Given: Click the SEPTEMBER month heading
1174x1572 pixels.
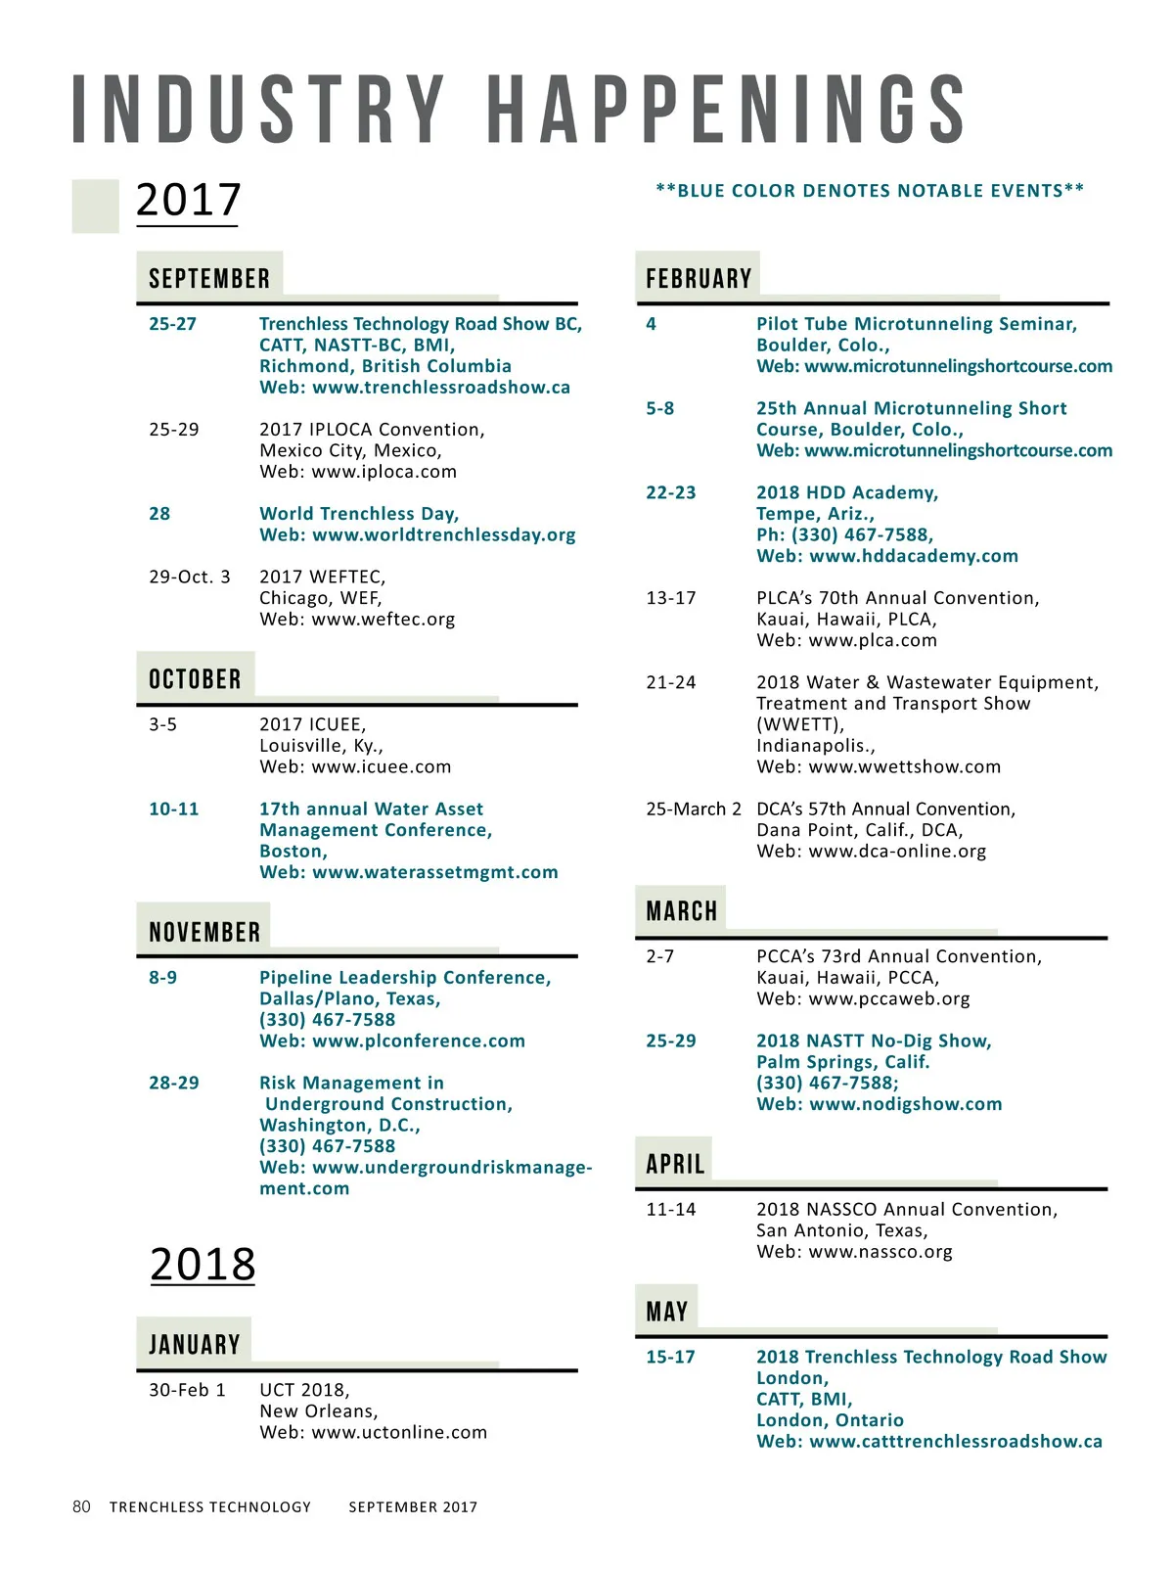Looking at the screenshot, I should [x=209, y=279].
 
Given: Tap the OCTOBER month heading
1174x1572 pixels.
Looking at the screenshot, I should [x=195, y=679].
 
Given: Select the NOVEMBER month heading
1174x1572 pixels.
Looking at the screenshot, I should [x=204, y=932].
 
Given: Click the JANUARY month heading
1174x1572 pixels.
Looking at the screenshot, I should [x=194, y=1345].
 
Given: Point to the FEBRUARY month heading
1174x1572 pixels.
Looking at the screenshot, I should [x=699, y=279].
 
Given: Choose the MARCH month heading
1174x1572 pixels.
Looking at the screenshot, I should [x=682, y=911].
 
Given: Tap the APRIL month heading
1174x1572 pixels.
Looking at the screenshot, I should [x=675, y=1164].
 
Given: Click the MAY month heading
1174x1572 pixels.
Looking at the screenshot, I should [x=667, y=1312].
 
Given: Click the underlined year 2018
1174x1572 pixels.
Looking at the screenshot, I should [x=203, y=1264].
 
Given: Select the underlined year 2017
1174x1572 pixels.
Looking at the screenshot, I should [x=188, y=200].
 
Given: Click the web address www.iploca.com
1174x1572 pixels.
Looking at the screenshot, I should [x=384, y=472].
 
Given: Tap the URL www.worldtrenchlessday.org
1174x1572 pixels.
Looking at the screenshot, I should [x=443, y=535].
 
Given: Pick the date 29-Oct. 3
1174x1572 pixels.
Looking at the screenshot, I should [x=190, y=578].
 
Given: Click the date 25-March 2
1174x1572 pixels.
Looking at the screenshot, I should [x=694, y=809].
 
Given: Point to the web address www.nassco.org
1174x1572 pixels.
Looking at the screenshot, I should [x=880, y=1252].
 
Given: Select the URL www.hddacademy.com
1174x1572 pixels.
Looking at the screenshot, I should [x=914, y=556].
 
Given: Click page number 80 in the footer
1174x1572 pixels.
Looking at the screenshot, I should [x=81, y=1506].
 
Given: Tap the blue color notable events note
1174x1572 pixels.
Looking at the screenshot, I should [x=870, y=191].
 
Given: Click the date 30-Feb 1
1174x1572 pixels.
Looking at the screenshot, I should [x=187, y=1390].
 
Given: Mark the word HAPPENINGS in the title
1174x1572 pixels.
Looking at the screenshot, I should [x=727, y=110].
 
